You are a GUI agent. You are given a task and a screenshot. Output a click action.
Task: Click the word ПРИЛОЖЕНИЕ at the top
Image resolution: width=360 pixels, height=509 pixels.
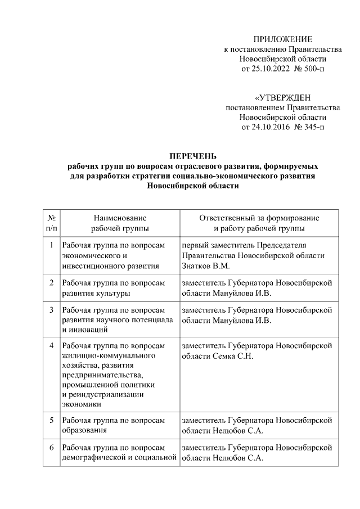pyautogui.click(x=282, y=39)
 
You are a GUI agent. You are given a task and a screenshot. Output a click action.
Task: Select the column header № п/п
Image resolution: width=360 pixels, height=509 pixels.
pyautogui.click(x=51, y=223)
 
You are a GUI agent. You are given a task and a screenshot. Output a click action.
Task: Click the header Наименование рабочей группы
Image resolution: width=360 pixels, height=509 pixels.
pyautogui.click(x=120, y=223)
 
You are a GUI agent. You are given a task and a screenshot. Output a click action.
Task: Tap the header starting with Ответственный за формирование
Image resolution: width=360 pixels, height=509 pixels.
pyautogui.click(x=259, y=223)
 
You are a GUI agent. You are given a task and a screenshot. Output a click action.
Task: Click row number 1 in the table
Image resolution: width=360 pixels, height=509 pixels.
pyautogui.click(x=51, y=246)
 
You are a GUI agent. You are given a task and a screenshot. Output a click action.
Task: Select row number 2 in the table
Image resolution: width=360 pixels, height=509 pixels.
pyautogui.click(x=51, y=282)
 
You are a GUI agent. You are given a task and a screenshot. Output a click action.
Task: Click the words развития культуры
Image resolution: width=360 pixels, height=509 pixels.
pyautogui.click(x=96, y=292)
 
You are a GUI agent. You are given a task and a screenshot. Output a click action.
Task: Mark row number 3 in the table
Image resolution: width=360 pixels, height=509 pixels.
pyautogui.click(x=51, y=309)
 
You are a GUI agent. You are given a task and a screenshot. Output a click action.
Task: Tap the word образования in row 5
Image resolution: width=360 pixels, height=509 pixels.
pyautogui.click(x=85, y=431)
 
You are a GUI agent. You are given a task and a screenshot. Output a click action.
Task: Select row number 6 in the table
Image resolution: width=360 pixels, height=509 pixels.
pyautogui.click(x=51, y=448)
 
